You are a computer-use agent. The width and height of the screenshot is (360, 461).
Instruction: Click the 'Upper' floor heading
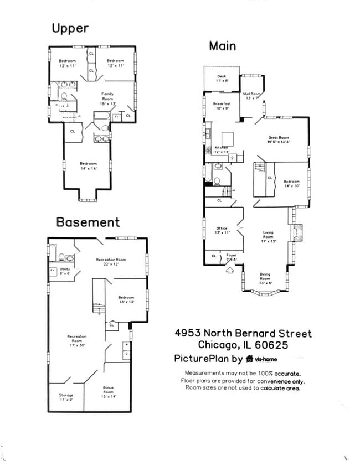70,28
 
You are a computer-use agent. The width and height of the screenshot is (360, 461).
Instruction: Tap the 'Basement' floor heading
88,222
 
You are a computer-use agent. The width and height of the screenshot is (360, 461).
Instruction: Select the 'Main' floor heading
223,46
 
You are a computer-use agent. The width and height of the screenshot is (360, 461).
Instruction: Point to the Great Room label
279,139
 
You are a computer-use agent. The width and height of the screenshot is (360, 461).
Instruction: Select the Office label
222,230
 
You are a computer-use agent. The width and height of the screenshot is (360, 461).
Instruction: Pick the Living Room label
268,236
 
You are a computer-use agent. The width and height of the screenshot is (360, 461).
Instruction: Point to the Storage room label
66,397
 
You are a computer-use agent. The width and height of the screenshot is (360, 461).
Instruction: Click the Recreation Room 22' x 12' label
111,261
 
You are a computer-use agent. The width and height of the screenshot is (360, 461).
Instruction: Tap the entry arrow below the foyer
230,271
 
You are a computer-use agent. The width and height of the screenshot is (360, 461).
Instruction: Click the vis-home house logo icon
250,359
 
